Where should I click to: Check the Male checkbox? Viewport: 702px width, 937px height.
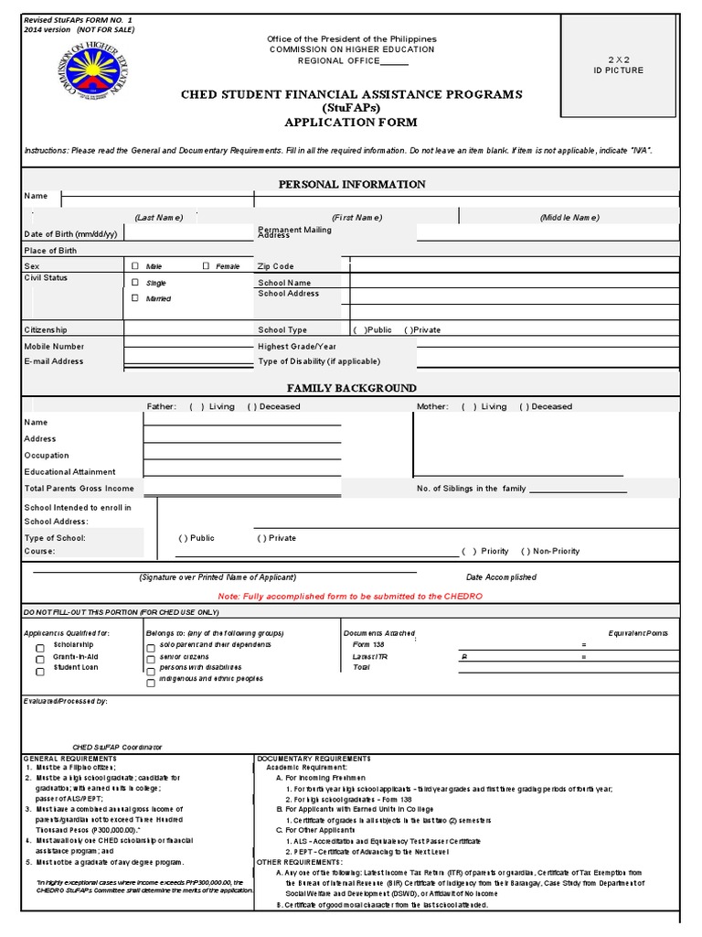(135, 265)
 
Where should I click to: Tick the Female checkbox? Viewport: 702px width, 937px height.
(207, 265)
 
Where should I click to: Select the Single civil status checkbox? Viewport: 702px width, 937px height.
(135, 283)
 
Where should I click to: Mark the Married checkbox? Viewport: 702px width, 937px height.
(135, 298)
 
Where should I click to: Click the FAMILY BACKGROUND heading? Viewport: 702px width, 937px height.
(352, 388)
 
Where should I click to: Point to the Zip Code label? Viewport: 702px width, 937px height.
(276, 266)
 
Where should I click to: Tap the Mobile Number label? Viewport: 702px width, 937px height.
(54, 347)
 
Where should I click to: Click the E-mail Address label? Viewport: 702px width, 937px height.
(54, 361)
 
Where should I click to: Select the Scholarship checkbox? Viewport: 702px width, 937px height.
(39, 648)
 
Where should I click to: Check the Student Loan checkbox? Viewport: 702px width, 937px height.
(39, 671)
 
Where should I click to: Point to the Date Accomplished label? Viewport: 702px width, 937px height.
(501, 577)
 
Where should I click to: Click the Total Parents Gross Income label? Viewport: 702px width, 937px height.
(79, 489)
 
